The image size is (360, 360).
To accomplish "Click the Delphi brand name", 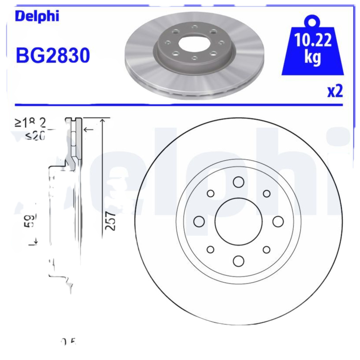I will click(x=37, y=16).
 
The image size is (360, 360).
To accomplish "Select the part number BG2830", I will click(x=53, y=56).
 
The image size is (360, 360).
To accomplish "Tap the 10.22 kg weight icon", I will click(x=313, y=49).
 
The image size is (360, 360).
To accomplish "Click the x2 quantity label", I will click(x=335, y=91).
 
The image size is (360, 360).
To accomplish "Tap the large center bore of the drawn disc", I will click(x=238, y=221).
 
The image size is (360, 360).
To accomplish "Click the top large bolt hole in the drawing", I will click(x=238, y=182).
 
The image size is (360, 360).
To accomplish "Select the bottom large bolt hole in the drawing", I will click(x=238, y=261).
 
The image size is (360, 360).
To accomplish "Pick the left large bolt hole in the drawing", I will click(x=199, y=221).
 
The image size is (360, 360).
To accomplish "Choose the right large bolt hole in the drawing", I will click(x=278, y=221).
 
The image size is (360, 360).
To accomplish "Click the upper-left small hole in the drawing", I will click(x=210, y=193).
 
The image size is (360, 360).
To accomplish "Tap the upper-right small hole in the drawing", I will click(x=266, y=193).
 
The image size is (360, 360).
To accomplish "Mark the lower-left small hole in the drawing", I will click(x=210, y=250).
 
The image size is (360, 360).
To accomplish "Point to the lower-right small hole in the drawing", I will click(x=266, y=250).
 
